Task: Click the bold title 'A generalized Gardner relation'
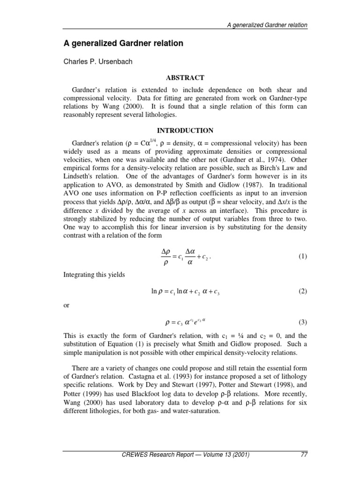point(123,44)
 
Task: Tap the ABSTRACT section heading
point(185,77)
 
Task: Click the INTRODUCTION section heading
point(185,130)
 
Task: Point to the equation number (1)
point(302,256)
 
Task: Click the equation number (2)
point(302,292)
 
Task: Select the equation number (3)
point(302,322)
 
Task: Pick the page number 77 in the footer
point(302,455)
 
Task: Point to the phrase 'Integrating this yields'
point(94,275)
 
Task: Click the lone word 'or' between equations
point(66,305)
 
